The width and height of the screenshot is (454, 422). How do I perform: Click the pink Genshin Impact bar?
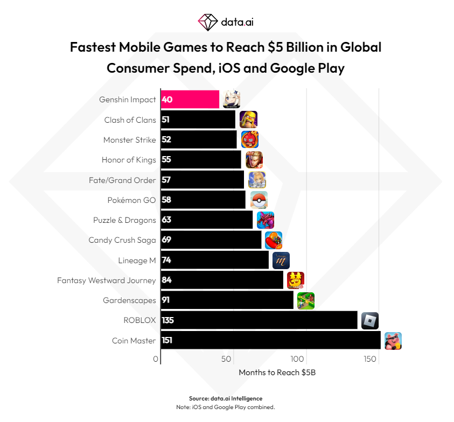pyautogui.click(x=190, y=100)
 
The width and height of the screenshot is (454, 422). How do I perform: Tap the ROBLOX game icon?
pyautogui.click(x=369, y=321)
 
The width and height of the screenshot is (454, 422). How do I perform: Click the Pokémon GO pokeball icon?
pyautogui.click(x=259, y=200)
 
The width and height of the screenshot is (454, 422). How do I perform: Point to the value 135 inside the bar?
pyautogui.click(x=167, y=320)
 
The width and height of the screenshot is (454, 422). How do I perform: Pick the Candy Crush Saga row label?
pyautogui.click(x=122, y=240)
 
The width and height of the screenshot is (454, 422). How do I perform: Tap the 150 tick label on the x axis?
pyautogui.click(x=369, y=359)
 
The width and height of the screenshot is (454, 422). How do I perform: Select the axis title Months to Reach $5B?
pyautogui.click(x=277, y=372)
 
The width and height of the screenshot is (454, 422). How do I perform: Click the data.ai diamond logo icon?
pyautogui.click(x=207, y=23)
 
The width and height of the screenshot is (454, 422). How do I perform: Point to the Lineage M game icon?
pyautogui.click(x=281, y=261)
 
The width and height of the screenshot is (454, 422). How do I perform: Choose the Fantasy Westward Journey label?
pyautogui.click(x=107, y=280)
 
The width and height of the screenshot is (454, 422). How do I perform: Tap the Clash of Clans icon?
pyautogui.click(x=248, y=119)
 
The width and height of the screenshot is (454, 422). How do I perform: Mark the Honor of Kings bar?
pyautogui.click(x=201, y=160)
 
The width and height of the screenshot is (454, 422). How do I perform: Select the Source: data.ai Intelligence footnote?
pyautogui.click(x=226, y=398)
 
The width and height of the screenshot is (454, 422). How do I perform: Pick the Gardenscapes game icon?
pyautogui.click(x=305, y=301)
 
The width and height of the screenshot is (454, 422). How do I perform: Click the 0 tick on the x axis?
pyautogui.click(x=156, y=359)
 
